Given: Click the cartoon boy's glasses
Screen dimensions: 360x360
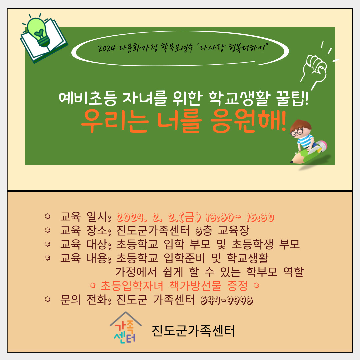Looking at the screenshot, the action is [x=297, y=132].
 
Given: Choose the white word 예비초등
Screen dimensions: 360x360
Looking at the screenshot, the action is [x=88, y=98].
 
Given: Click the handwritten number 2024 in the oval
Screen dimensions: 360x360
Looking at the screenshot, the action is [x=106, y=48].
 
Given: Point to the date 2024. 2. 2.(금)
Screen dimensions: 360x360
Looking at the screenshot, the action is [x=159, y=217].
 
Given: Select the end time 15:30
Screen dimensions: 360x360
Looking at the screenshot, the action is [x=260, y=217].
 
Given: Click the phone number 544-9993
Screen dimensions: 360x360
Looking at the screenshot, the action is [x=227, y=300].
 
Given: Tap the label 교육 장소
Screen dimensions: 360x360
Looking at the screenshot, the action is [x=84, y=231].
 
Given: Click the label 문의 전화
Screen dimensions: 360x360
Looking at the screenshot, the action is [x=84, y=300].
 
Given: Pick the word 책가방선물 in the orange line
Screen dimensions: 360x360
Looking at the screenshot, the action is [x=195, y=286].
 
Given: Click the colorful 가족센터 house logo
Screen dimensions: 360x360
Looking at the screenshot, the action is [x=126, y=328].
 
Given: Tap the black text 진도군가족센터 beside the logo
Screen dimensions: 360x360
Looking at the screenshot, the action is [x=193, y=331].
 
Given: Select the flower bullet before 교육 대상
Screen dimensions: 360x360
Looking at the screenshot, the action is [x=48, y=244].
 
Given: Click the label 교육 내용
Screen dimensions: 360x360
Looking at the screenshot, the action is [x=84, y=258].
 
